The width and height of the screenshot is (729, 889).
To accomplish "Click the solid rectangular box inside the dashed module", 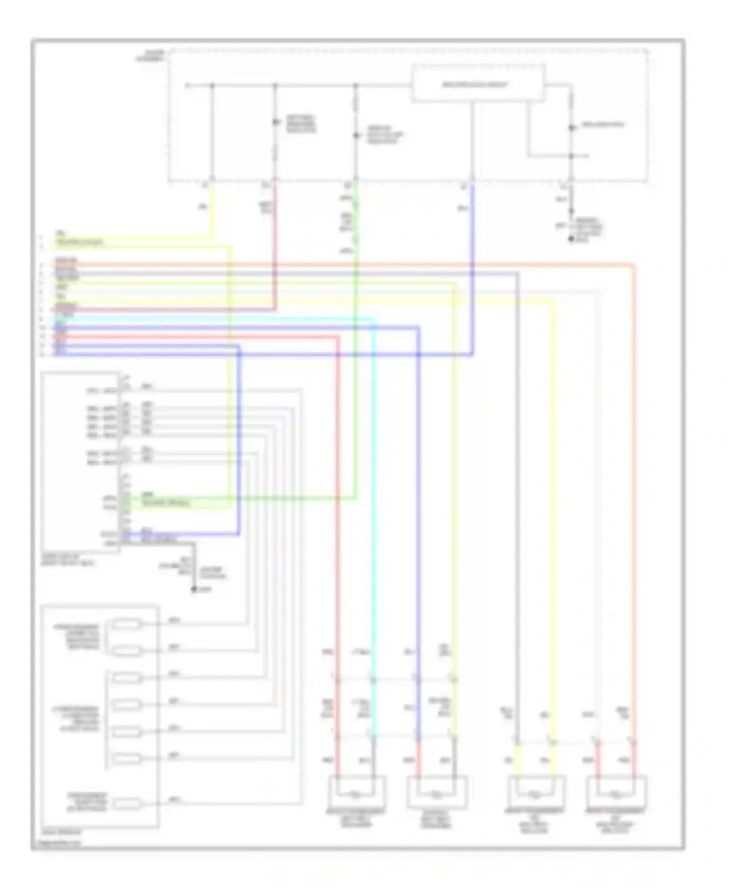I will coord(478,84).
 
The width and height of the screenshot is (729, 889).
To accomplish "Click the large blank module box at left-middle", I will coord(80,462).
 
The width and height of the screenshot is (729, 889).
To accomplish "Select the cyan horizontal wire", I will coord(219,319).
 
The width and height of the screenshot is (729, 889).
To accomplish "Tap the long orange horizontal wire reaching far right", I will coord(340,265).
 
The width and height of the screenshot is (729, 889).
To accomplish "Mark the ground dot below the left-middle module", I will coord(193,589).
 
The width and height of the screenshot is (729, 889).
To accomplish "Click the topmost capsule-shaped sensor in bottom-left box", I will coord(126,623).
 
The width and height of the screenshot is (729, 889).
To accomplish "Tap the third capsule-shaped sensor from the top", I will coord(126,677).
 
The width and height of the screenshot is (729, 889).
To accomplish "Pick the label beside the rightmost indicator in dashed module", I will coord(603,125).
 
